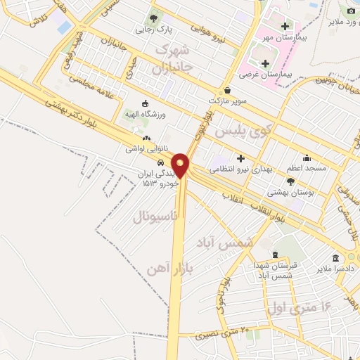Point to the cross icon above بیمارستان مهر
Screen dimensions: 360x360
285,26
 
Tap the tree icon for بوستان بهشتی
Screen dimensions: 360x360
290,181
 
